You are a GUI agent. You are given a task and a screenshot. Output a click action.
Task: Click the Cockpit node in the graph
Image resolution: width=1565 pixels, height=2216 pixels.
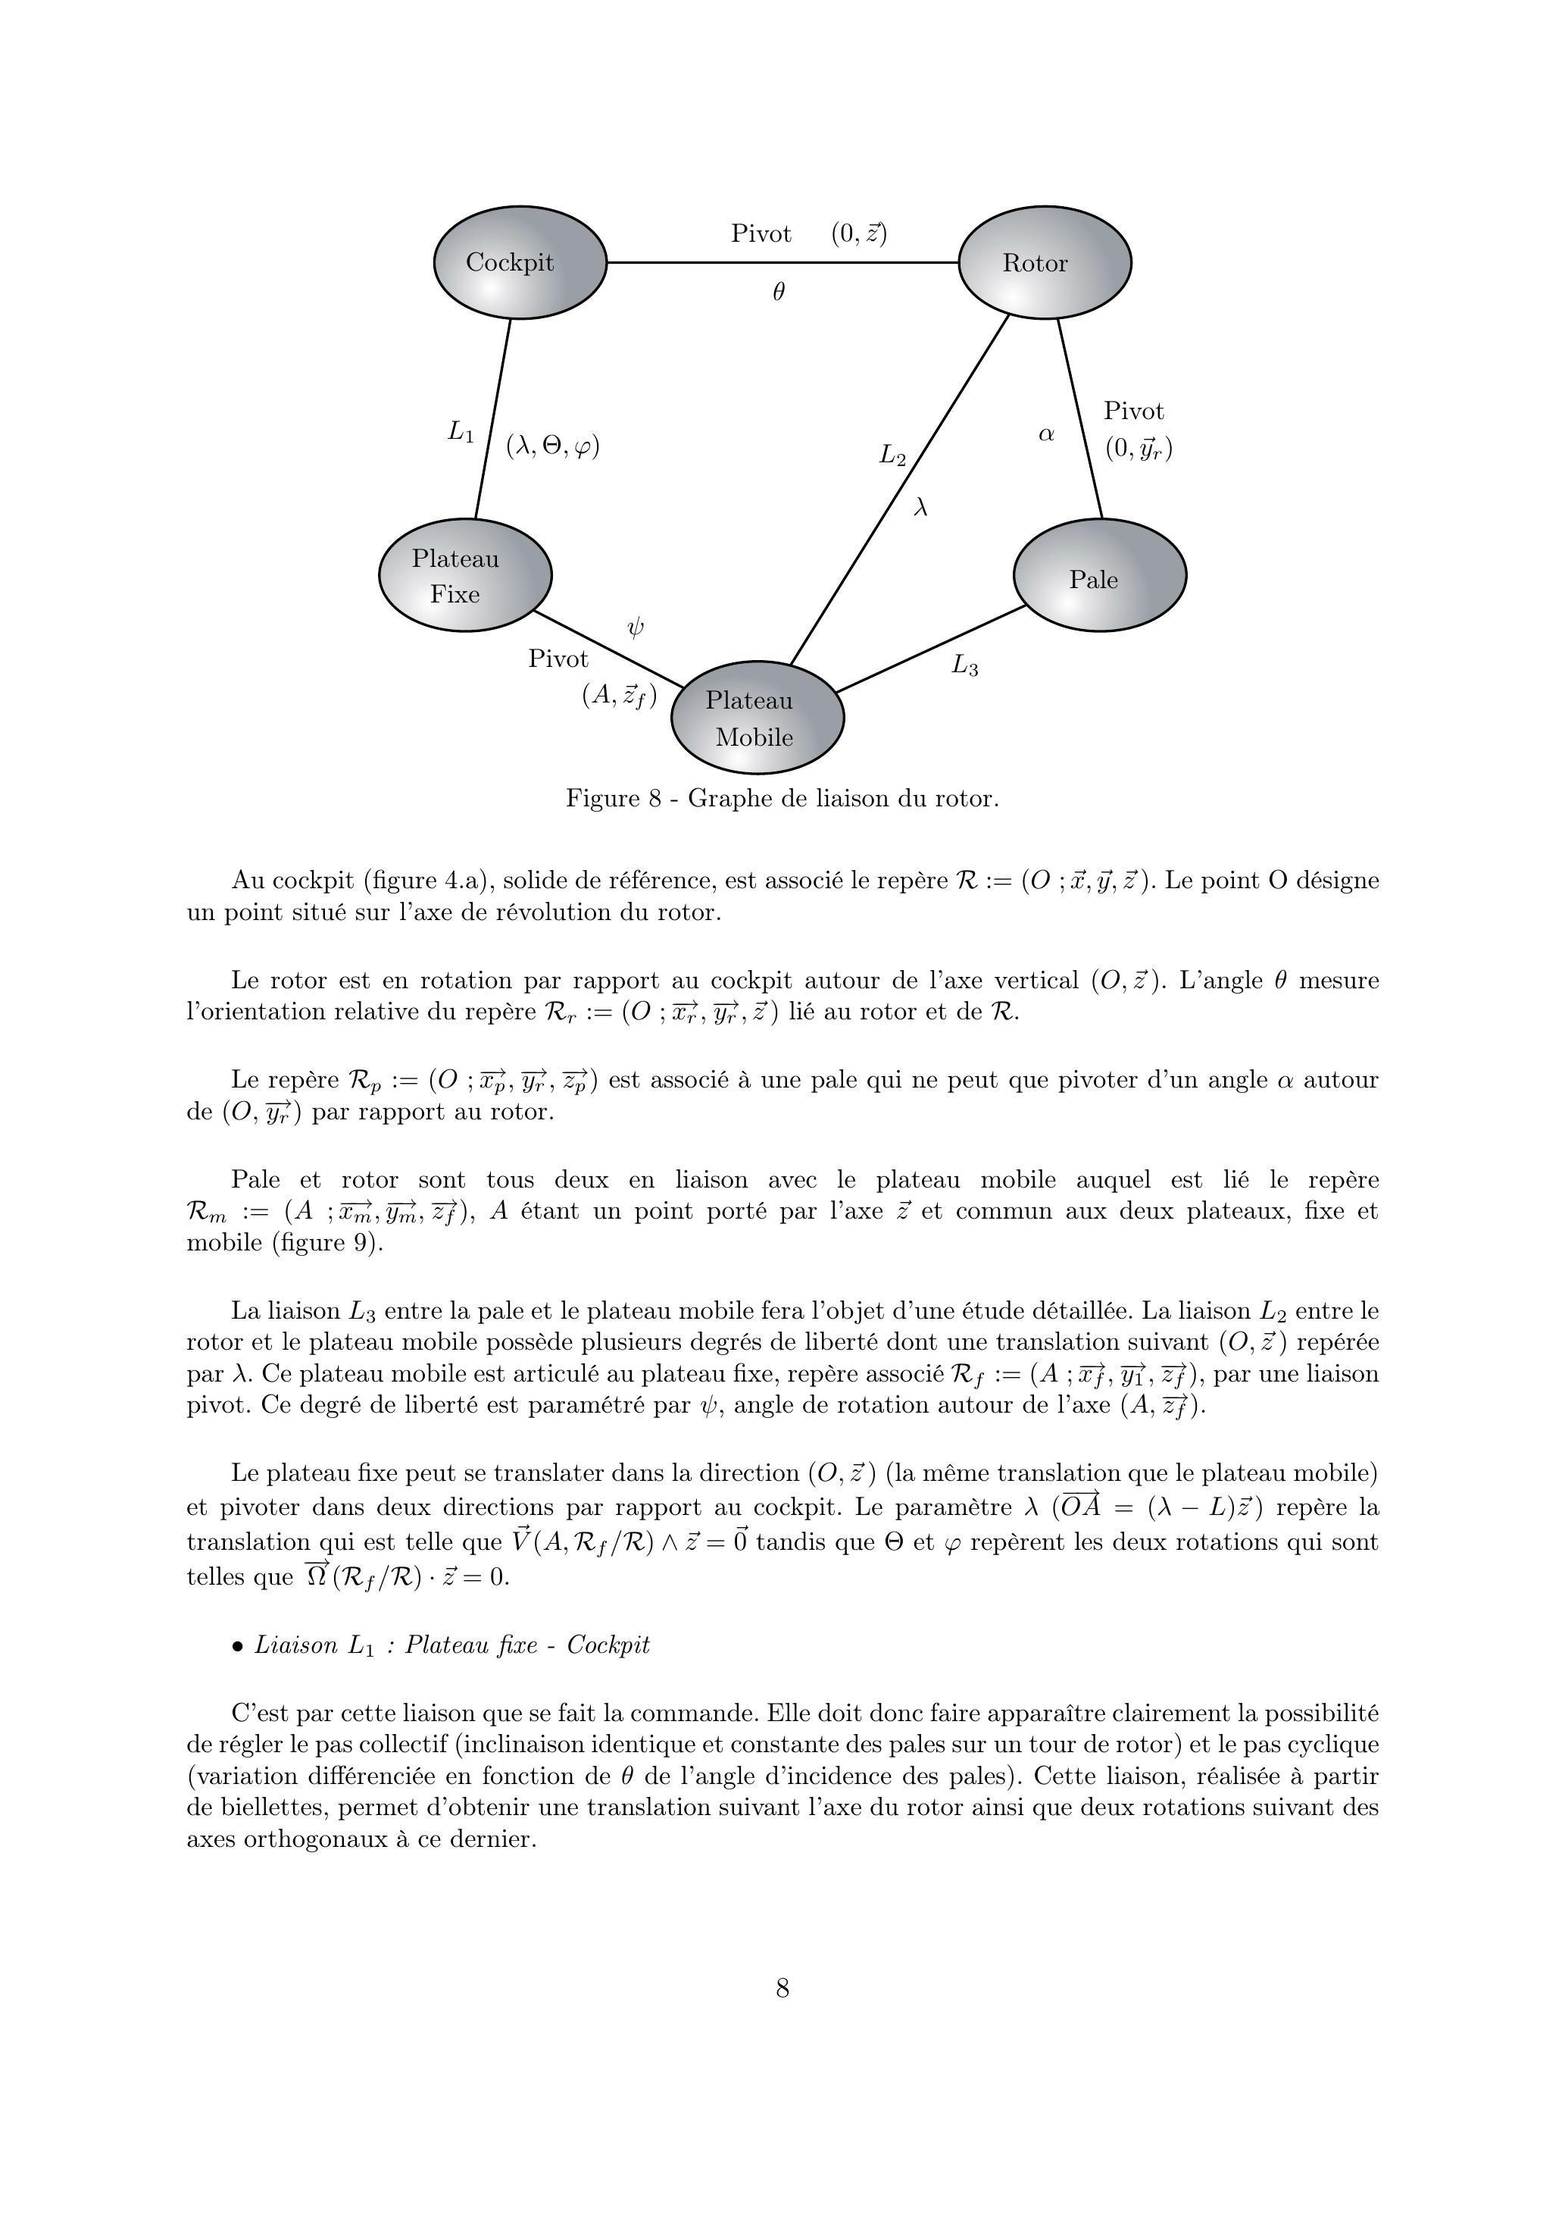(519, 262)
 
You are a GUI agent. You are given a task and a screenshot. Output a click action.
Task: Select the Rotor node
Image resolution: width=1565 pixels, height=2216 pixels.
(1044, 262)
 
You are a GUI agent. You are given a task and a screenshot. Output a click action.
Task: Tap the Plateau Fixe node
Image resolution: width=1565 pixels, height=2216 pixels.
(464, 575)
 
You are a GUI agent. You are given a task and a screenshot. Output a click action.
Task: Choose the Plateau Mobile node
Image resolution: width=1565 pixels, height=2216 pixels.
(757, 718)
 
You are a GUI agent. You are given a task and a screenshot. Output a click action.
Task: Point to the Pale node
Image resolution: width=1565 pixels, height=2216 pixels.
(1099, 576)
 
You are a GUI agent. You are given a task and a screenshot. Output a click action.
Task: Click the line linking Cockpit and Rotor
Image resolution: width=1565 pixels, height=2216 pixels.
(782, 262)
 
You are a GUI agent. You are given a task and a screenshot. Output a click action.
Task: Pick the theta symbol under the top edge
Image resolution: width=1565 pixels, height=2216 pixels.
(779, 292)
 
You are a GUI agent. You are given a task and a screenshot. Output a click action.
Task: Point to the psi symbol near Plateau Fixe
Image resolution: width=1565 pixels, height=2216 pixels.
(635, 628)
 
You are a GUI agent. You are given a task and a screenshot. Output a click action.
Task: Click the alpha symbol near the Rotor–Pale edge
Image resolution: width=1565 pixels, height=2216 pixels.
(1046, 435)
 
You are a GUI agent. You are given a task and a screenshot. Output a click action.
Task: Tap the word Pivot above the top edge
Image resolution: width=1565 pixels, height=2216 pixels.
(761, 233)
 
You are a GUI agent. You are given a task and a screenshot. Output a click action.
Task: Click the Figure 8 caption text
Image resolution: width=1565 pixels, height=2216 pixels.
(782, 799)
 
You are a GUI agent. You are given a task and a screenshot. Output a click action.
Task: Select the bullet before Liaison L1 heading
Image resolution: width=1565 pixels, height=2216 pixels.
(237, 1647)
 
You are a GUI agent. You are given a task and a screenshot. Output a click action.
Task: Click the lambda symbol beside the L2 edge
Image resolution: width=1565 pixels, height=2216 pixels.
(920, 507)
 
